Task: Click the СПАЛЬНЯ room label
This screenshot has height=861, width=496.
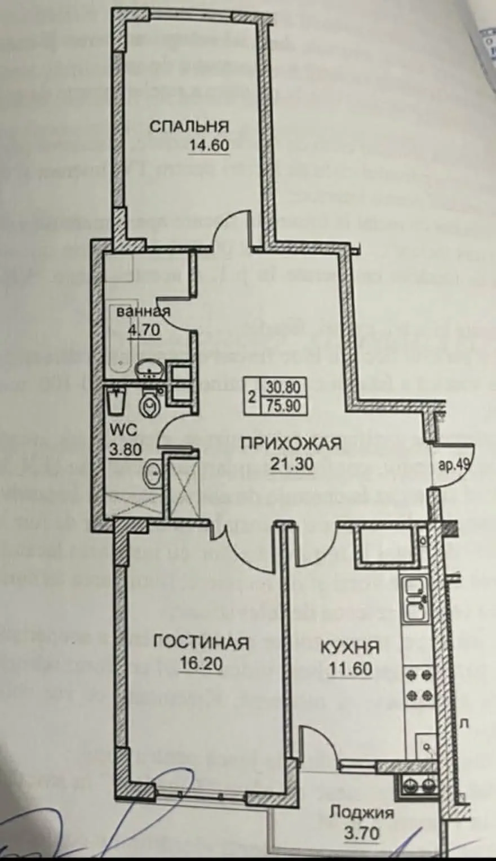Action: click(188, 126)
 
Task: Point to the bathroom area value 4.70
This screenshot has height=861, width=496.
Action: click(144, 330)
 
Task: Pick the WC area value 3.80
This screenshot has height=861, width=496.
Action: click(125, 451)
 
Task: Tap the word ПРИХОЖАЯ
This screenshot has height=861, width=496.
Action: click(291, 443)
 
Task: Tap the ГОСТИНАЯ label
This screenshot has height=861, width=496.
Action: click(201, 643)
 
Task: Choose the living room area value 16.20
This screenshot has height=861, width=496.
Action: click(201, 664)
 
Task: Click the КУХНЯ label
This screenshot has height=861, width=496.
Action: click(349, 647)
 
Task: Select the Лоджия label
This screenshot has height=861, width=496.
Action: click(361, 813)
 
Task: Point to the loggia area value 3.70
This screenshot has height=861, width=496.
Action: click(361, 832)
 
